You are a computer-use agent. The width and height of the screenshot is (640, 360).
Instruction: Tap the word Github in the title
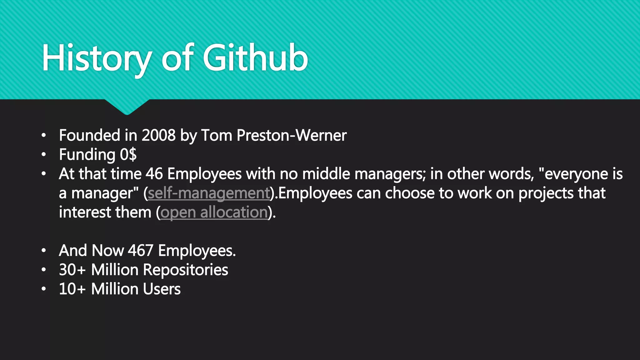(x=255, y=58)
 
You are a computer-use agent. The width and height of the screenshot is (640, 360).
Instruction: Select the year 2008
(x=158, y=135)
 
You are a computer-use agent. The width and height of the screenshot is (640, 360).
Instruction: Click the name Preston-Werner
(x=291, y=135)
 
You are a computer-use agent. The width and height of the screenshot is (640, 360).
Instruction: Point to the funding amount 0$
(x=128, y=155)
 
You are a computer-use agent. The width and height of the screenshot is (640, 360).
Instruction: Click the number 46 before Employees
(x=154, y=174)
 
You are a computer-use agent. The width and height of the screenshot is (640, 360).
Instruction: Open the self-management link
(x=209, y=193)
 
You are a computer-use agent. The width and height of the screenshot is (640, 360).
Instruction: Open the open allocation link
(x=214, y=212)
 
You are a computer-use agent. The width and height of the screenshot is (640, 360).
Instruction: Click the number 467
(x=140, y=251)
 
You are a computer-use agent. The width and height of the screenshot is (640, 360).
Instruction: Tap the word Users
(x=163, y=289)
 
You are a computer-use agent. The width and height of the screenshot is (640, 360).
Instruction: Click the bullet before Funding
(x=44, y=155)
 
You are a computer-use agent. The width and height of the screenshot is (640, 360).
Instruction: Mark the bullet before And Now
(x=44, y=251)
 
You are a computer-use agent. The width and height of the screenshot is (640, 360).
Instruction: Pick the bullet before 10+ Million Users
(x=44, y=289)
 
